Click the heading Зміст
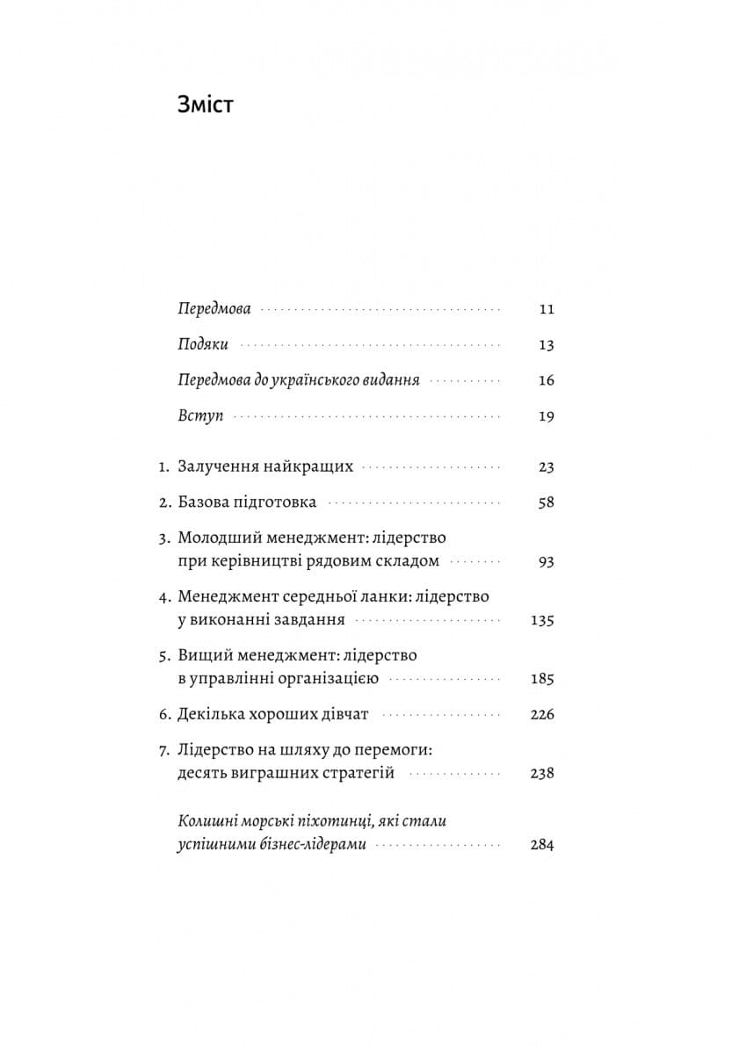[x=206, y=105]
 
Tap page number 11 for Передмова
[x=547, y=309]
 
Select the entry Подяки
[x=203, y=345]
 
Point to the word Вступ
[x=200, y=416]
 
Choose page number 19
[x=547, y=416]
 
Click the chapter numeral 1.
[x=163, y=467]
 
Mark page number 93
[x=547, y=561]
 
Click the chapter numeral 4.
[x=163, y=596]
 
